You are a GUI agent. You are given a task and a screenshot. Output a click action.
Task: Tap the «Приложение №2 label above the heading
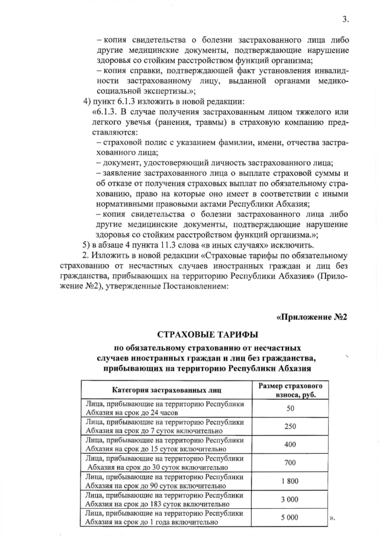point(311,317)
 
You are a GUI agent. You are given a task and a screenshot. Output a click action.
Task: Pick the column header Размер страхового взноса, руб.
point(290,390)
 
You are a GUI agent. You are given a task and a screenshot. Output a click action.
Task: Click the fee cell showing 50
point(290,409)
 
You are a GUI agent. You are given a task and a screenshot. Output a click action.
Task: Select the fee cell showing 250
point(290,426)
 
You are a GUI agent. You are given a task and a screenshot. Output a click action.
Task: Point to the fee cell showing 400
point(290,445)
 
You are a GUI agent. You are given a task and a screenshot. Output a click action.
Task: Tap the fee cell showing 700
point(290,463)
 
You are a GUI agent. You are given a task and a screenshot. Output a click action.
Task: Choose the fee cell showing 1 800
point(290,481)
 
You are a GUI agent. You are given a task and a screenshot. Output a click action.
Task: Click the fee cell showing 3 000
point(290,499)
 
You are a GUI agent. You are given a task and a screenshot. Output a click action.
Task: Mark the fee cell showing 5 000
point(290,517)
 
